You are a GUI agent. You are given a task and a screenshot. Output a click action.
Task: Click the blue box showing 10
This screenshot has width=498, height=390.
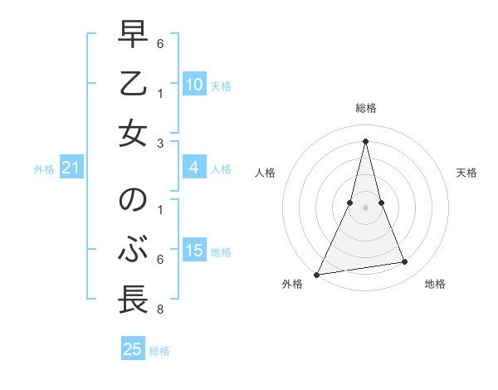pyautogui.click(x=194, y=85)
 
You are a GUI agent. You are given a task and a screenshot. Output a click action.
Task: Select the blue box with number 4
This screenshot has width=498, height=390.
pyautogui.click(x=194, y=168)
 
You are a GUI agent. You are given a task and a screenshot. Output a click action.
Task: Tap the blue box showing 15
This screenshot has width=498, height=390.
pyautogui.click(x=194, y=251)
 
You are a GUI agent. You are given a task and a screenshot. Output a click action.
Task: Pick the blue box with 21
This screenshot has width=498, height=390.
pyautogui.click(x=71, y=168)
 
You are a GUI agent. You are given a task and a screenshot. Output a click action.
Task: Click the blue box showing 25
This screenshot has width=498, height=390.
pyautogui.click(x=133, y=349)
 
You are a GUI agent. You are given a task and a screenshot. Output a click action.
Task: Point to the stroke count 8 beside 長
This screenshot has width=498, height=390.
pyautogui.click(x=159, y=310)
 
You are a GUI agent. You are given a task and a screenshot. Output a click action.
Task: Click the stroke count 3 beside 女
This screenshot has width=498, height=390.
pyautogui.click(x=159, y=143)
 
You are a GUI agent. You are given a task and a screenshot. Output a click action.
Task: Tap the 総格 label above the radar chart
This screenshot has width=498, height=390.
pyautogui.click(x=366, y=108)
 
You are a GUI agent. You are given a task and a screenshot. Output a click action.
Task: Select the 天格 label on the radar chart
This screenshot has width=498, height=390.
pyautogui.click(x=467, y=173)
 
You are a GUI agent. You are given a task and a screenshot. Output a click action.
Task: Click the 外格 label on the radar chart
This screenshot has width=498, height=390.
pyautogui.click(x=292, y=284)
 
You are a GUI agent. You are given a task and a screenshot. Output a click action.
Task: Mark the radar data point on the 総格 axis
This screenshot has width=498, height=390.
pyautogui.click(x=366, y=141)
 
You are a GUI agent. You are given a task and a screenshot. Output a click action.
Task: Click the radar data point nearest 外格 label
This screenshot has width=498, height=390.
pyautogui.click(x=316, y=275)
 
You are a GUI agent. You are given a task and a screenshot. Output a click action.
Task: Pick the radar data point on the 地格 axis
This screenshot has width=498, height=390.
pyautogui.click(x=405, y=262)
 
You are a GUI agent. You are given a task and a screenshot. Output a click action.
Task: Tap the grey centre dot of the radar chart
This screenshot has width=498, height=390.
pyautogui.click(x=366, y=207)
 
